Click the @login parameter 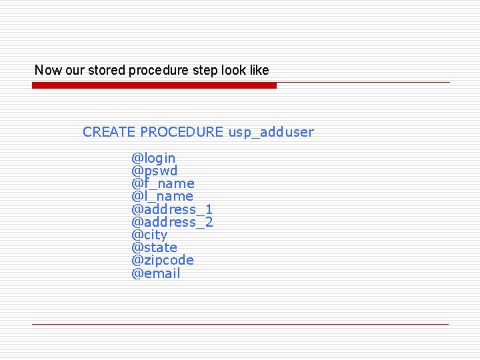[153, 158]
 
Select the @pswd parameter [154, 171]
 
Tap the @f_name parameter [163, 183]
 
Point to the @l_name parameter [162, 196]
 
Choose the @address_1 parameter [172, 209]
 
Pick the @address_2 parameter [172, 222]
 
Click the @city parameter [149, 235]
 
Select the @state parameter [154, 247]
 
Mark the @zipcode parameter [163, 260]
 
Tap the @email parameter [156, 273]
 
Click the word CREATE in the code [109, 132]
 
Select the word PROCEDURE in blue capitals [181, 132]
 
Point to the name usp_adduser [271, 132]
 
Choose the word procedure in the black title [157, 71]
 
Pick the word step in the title [205, 71]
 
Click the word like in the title [258, 70]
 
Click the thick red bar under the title [154, 85]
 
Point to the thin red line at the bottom [240, 324]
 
